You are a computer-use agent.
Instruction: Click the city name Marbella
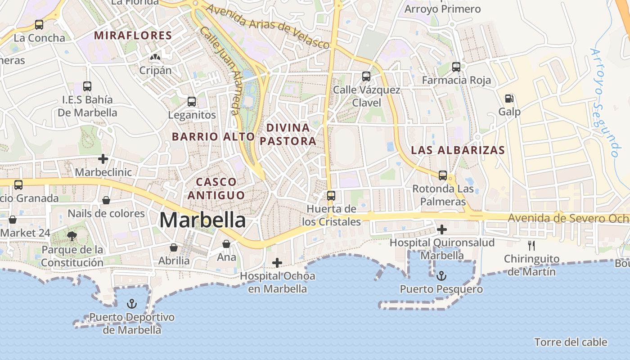tap(202, 220)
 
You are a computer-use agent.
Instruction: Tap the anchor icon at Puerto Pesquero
tap(442, 276)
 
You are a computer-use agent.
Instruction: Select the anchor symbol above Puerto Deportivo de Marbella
tap(131, 304)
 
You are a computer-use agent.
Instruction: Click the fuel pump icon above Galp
tap(509, 98)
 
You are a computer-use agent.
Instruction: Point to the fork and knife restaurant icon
tap(531, 245)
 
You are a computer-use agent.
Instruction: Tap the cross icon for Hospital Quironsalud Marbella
tap(442, 229)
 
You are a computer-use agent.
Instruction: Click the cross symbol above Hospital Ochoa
tap(277, 263)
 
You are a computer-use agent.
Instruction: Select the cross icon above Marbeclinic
tap(103, 159)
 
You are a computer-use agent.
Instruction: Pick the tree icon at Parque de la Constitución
tap(72, 236)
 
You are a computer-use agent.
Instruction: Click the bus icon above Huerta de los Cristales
tap(331, 196)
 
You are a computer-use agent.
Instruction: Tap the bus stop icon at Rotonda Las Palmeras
tap(443, 175)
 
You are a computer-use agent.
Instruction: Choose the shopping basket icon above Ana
tap(226, 244)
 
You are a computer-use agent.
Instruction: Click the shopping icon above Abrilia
tap(174, 247)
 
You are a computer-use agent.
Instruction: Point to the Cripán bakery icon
tap(155, 57)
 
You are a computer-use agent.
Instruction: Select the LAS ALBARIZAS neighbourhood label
tap(458, 150)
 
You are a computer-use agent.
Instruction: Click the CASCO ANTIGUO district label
tap(216, 189)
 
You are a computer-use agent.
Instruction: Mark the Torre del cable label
tap(571, 342)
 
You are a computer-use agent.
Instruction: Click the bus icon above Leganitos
tap(192, 102)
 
